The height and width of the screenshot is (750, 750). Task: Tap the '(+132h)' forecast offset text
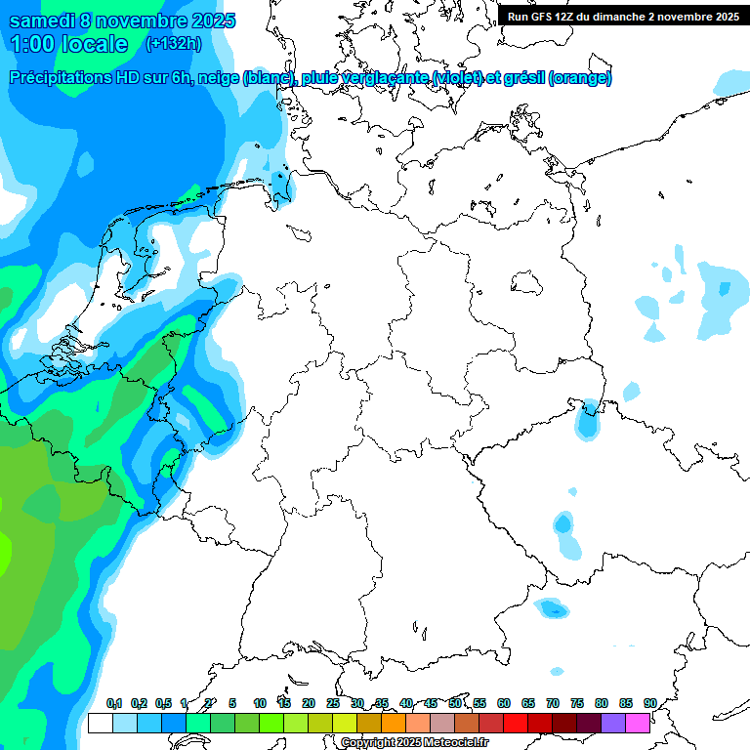(174, 44)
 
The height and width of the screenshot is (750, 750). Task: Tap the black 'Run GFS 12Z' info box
(623, 16)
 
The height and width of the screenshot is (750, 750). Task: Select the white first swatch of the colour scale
(100, 724)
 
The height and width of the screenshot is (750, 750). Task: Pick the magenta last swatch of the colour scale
(638, 724)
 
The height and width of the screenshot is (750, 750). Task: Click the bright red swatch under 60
(516, 724)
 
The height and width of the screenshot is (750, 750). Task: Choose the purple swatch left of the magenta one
(613, 724)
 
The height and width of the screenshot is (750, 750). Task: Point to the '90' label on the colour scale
(649, 703)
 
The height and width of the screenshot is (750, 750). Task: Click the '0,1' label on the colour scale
(113, 703)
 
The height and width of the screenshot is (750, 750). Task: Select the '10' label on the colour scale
(259, 703)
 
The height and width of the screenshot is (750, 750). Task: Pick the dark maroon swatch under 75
(564, 724)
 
